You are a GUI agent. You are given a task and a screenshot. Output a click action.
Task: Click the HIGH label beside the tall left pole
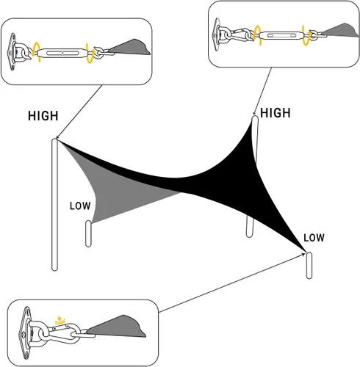coord(43,116)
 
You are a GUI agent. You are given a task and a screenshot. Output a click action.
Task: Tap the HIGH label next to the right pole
coord(276,113)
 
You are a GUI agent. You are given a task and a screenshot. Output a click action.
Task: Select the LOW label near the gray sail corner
coord(80,206)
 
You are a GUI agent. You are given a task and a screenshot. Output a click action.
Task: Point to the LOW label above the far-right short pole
coord(314,238)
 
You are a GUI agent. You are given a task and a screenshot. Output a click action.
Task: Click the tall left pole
coord(54,205)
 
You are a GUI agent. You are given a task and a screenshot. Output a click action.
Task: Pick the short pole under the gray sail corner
coord(88,233)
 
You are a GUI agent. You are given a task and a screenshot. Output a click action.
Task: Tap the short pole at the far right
coord(309,266)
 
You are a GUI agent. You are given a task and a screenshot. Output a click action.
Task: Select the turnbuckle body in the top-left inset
coord(62,53)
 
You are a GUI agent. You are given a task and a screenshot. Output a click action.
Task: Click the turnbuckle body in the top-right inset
coord(281,36)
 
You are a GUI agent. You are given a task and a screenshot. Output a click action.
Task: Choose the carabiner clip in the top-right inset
coord(240,34)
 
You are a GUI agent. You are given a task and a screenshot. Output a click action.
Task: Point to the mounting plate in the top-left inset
coord(12,52)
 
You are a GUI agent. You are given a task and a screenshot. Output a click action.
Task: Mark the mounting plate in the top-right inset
coord(217,34)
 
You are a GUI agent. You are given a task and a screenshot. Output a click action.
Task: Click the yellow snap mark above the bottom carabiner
coord(59,320)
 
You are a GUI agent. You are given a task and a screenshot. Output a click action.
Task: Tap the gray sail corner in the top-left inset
coord(130,47)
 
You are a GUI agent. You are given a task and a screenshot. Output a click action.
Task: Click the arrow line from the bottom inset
coord(232,283)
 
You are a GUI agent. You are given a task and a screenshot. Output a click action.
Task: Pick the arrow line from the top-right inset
coord(262,91)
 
